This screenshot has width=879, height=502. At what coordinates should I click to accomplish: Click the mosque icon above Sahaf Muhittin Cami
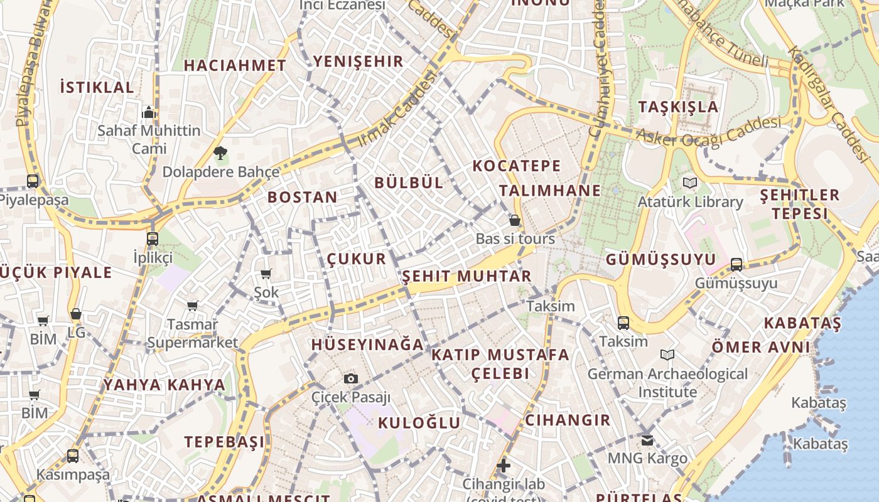click(x=149, y=112)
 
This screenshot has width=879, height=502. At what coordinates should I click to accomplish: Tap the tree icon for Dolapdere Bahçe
click(x=220, y=152)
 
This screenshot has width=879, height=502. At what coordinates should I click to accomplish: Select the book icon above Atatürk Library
click(x=690, y=183)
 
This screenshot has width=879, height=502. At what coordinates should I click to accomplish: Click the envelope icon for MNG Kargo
click(x=647, y=440)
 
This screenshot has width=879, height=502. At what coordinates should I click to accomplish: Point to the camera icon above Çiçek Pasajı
click(x=351, y=378)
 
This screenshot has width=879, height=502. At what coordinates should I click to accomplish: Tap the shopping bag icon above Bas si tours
click(x=515, y=220)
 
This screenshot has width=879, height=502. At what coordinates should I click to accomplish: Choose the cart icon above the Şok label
click(x=266, y=274)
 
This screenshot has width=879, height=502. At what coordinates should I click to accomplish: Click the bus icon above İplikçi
click(x=153, y=238)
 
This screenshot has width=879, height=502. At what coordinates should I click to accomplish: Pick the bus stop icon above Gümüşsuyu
click(x=736, y=265)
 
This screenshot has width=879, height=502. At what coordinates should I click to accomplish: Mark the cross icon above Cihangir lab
click(x=503, y=466)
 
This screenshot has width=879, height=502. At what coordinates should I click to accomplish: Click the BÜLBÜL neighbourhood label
click(x=409, y=183)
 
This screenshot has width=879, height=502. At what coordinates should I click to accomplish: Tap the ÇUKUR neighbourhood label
click(x=357, y=259)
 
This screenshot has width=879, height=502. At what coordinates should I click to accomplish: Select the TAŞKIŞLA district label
click(x=678, y=107)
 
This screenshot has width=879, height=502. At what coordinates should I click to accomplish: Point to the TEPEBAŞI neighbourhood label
click(x=224, y=442)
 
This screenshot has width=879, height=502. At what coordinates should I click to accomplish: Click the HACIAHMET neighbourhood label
click(x=235, y=65)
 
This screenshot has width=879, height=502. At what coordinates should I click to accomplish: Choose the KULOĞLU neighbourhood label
click(x=419, y=423)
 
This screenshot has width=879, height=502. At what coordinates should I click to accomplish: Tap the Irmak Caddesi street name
click(x=397, y=109)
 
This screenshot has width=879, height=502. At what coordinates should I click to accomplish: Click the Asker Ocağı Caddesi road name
click(x=708, y=131)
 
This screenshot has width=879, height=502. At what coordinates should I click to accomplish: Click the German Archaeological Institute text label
click(x=667, y=383)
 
